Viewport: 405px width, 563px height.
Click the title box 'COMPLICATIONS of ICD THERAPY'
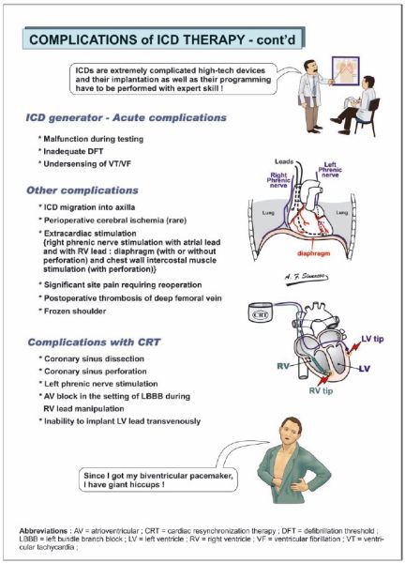coord(163,38)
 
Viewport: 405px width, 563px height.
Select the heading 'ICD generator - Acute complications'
coord(127,118)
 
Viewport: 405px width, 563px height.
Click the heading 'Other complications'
coord(82,190)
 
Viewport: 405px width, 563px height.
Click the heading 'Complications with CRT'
coord(94,342)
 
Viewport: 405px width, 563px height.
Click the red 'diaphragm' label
coord(313,253)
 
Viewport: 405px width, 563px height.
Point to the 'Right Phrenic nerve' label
coord(278,180)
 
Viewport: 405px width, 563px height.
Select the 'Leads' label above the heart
coord(284,161)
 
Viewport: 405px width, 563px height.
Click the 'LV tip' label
coord(372,339)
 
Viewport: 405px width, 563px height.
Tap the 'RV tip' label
coord(321,390)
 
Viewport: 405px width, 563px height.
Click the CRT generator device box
coord(261,313)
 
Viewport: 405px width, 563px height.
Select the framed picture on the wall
coord(346,73)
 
